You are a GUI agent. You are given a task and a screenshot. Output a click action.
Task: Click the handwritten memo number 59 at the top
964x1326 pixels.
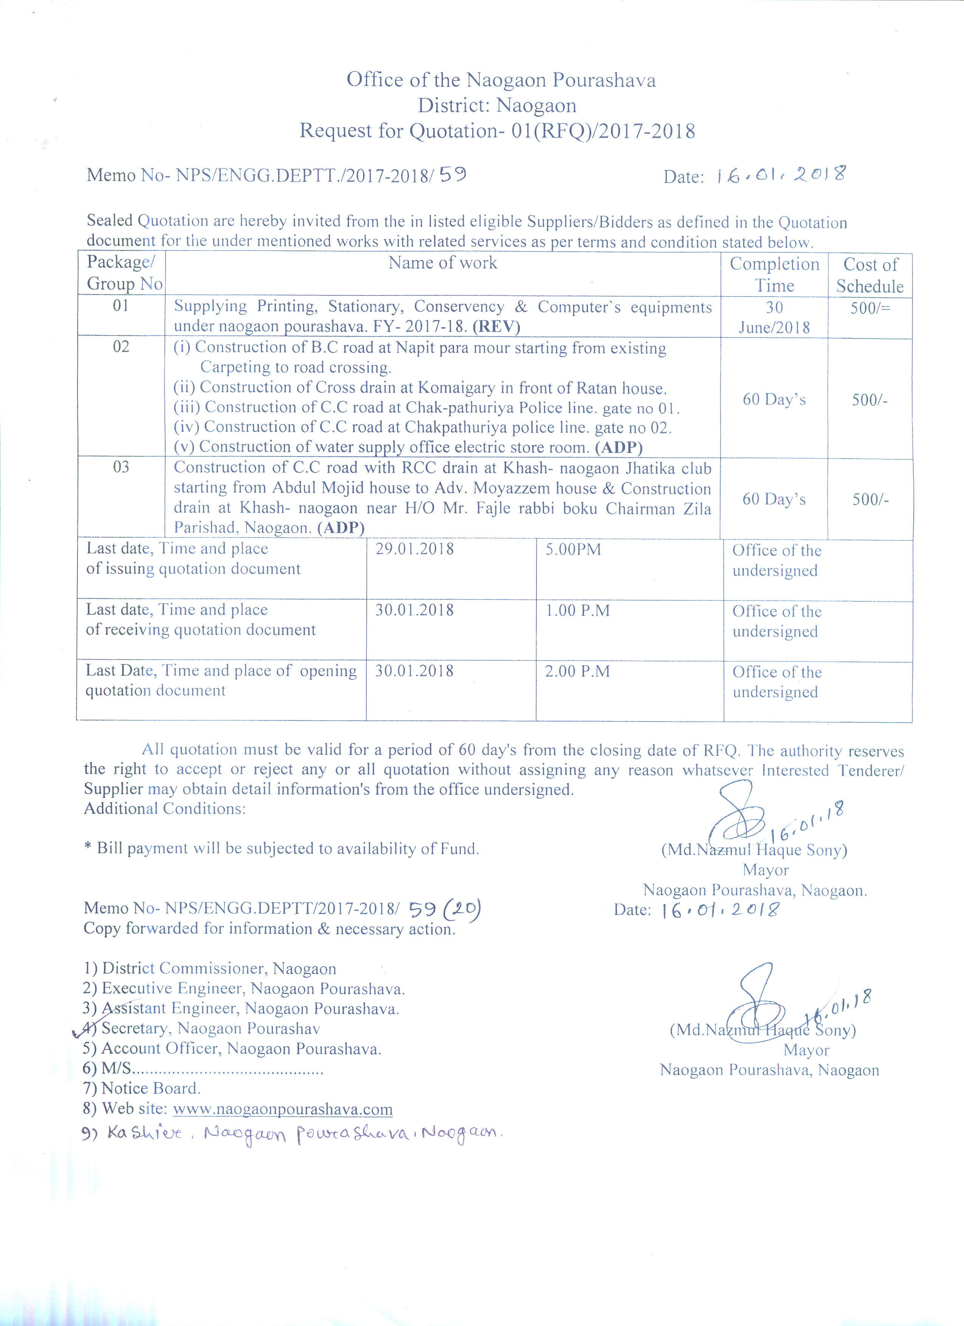point(453,174)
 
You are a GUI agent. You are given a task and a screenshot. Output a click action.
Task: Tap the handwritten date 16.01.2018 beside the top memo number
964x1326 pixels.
point(781,175)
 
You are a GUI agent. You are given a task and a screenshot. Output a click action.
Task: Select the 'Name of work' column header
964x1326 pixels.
point(443,263)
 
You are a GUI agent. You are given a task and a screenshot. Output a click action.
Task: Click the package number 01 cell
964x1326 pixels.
point(121,306)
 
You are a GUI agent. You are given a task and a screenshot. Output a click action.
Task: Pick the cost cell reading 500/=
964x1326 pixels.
point(870,308)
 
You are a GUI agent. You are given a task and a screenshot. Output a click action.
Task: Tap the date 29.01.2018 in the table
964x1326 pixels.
point(414,549)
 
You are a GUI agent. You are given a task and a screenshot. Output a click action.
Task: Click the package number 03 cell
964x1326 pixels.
point(121,467)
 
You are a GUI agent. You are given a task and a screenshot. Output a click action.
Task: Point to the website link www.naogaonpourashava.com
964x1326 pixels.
point(282,1109)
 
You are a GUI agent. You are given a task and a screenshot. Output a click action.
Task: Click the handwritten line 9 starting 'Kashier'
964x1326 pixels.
point(293,1134)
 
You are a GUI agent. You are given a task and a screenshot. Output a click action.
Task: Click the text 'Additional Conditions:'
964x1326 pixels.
point(164,808)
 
